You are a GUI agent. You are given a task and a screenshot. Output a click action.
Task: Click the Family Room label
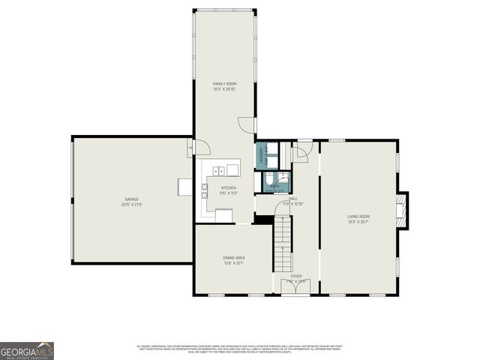pyautogui.click(x=224, y=83)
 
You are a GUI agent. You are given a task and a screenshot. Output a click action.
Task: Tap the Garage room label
pyautogui.click(x=132, y=199)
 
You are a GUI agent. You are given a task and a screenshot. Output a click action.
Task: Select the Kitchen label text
pyautogui.click(x=228, y=187)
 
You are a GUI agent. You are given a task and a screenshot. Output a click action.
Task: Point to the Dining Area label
pyautogui.click(x=234, y=257)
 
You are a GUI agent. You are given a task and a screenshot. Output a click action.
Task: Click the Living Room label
pyautogui.click(x=358, y=217)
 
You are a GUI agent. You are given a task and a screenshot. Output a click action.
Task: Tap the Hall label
pyautogui.click(x=291, y=199)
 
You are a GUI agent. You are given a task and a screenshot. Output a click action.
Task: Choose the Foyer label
pyautogui.click(x=296, y=276)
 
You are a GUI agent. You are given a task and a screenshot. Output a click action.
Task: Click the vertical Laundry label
pyautogui.click(x=262, y=154)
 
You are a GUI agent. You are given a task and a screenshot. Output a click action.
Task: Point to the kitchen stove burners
pyautogui.click(x=204, y=190)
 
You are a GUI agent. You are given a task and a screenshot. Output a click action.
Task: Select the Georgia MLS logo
pyautogui.click(x=27, y=350)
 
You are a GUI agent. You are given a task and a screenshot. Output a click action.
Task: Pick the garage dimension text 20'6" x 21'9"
pyautogui.click(x=132, y=205)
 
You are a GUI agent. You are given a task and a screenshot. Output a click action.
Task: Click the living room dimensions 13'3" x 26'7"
pyautogui.click(x=358, y=222)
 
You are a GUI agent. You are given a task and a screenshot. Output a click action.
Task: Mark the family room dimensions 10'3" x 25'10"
pyautogui.click(x=224, y=89)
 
